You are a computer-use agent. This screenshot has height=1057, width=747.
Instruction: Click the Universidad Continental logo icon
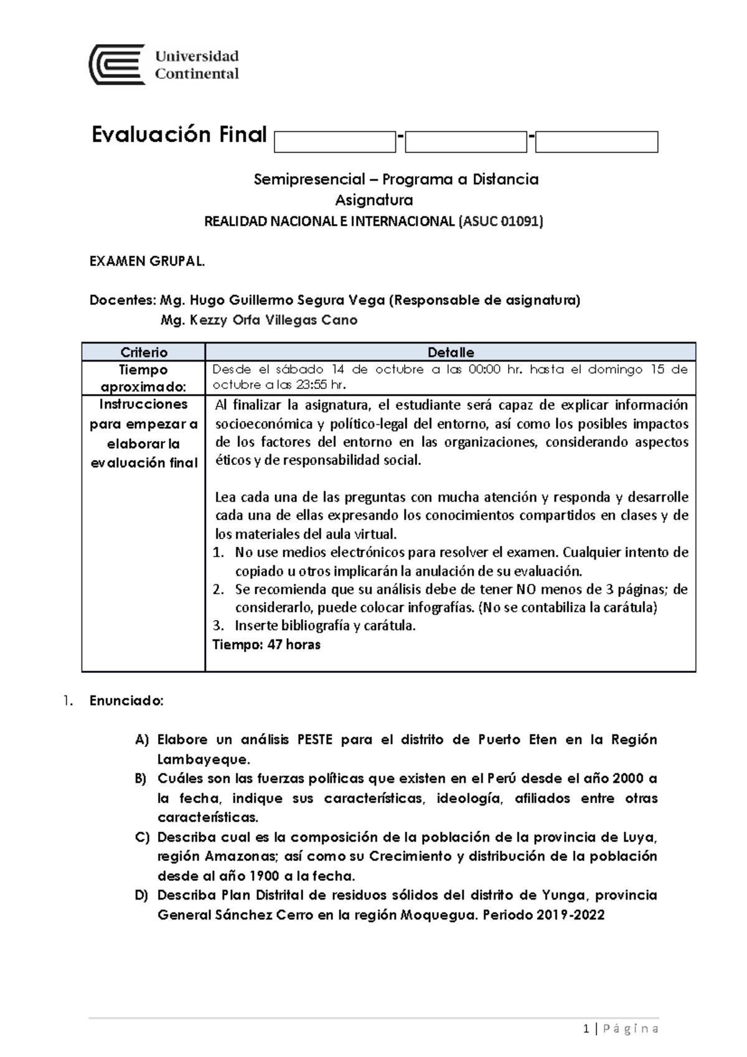pyautogui.click(x=117, y=65)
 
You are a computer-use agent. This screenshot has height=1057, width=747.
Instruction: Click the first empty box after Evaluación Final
pyautogui.click(x=335, y=142)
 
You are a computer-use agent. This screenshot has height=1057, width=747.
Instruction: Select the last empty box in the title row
pyautogui.click(x=596, y=142)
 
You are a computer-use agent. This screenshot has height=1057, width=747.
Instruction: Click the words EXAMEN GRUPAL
pyautogui.click(x=147, y=261)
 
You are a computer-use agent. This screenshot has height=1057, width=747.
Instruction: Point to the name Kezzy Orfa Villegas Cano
pyautogui.click(x=259, y=321)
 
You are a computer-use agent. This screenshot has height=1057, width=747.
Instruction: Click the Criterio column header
pyautogui.click(x=144, y=352)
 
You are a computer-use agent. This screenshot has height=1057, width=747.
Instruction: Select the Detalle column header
pyautogui.click(x=451, y=352)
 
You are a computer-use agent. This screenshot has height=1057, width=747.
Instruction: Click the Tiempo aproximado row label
pyautogui.click(x=144, y=378)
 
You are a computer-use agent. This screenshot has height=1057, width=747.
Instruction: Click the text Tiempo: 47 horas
pyautogui.click(x=266, y=645)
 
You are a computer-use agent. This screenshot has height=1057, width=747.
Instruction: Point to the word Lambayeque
pyautogui.click(x=203, y=759)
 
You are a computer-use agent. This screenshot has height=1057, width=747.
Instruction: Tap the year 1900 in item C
pyautogui.click(x=265, y=876)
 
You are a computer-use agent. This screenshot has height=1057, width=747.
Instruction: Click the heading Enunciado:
pyautogui.click(x=126, y=701)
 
